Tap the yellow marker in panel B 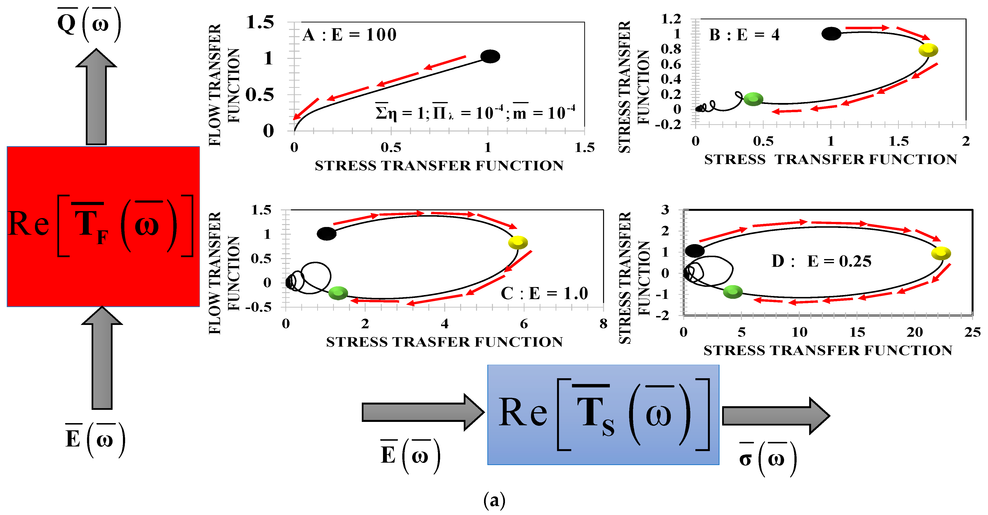(x=928, y=50)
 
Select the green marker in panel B (x=753, y=99)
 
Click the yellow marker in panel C (x=518, y=242)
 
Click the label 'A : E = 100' (x=349, y=35)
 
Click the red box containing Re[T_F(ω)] (x=103, y=227)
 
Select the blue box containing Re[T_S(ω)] (x=603, y=414)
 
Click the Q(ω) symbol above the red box (x=89, y=24)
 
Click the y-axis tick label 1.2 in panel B (x=671, y=19)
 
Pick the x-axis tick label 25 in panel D (x=972, y=332)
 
